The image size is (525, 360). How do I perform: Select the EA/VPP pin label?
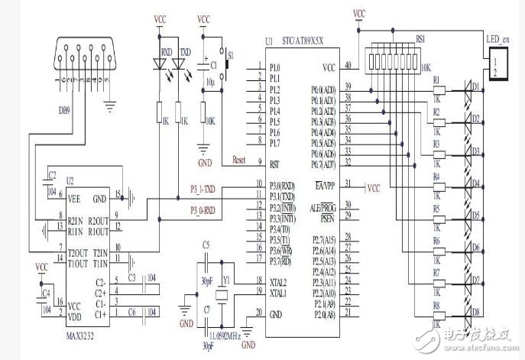pos(326,185)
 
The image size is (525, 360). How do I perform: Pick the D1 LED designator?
pos(475,87)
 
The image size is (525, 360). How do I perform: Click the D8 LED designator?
pos(475,312)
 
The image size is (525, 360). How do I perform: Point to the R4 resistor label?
pos(436,177)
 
